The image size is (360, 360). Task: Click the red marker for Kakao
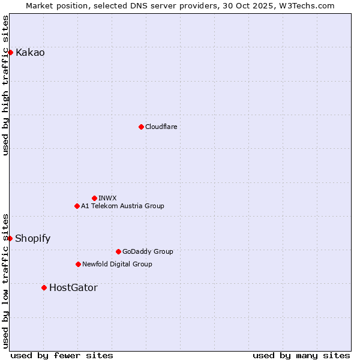tap(10, 53)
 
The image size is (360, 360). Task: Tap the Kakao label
tap(30, 53)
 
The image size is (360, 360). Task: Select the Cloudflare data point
tap(141, 127)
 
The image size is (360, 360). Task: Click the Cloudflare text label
tap(161, 127)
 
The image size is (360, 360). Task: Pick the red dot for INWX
tap(94, 198)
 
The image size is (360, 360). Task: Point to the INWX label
tap(107, 198)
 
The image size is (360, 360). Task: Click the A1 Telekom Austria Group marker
tap(77, 206)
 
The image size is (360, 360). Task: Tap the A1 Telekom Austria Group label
tap(122, 206)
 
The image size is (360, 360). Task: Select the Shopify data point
tap(10, 238)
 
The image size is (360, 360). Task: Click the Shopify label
tap(32, 238)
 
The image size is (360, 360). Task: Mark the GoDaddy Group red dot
tap(118, 251)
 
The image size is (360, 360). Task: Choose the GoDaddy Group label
tap(147, 251)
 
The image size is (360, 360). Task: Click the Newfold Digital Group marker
tap(78, 264)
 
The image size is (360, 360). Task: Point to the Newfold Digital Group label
tap(117, 264)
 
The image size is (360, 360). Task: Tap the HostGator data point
tap(44, 288)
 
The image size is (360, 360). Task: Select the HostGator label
tap(73, 288)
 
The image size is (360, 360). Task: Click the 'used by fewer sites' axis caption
tap(62, 355)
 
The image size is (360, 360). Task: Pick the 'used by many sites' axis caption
tap(301, 355)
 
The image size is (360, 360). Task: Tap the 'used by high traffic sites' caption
tap(5, 85)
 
